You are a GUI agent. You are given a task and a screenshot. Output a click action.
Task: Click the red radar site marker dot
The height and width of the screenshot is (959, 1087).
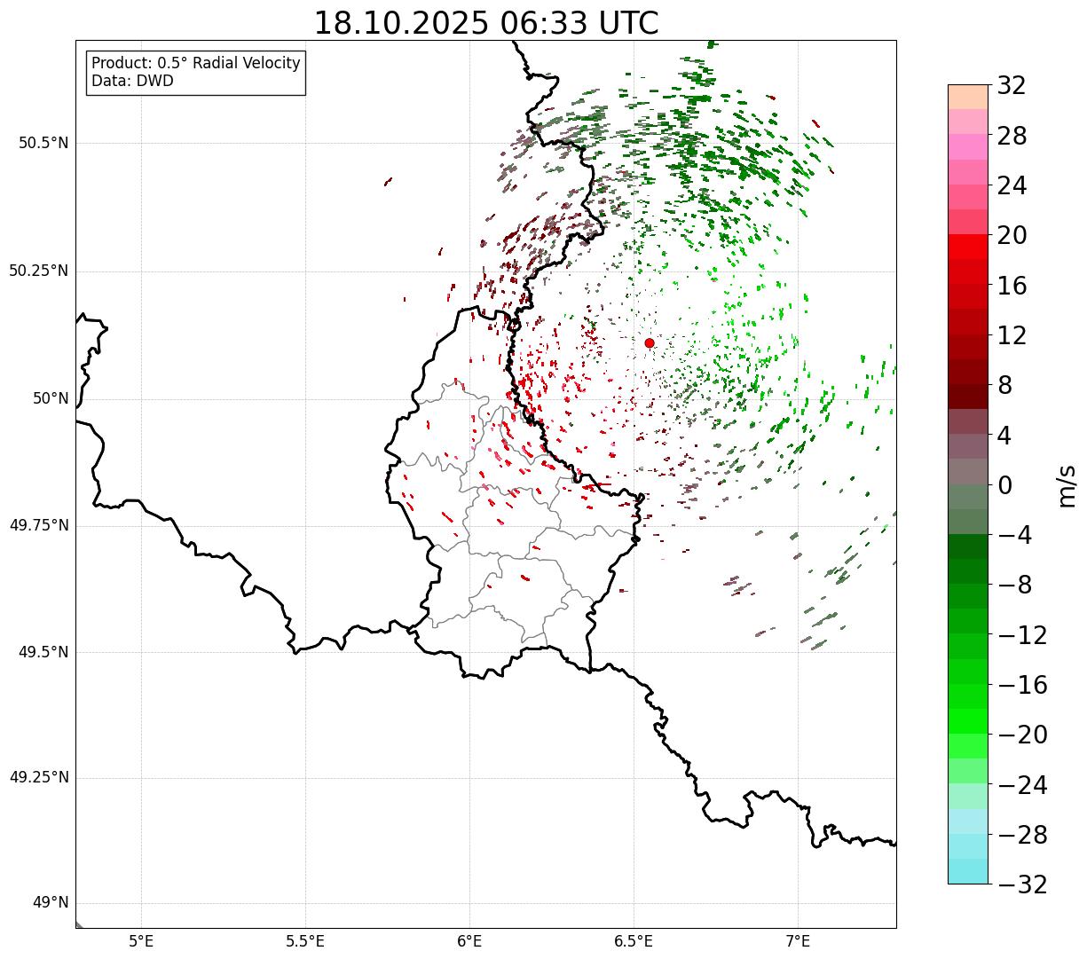point(650,342)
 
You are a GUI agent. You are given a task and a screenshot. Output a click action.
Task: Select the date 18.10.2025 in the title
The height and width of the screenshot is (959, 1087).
point(401,23)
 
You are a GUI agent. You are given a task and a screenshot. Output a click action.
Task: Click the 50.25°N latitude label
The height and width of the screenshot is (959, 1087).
point(39,271)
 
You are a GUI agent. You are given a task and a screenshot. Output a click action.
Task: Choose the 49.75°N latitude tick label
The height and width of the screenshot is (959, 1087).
point(39,525)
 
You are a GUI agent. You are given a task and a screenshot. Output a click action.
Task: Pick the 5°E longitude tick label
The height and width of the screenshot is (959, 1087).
point(141,940)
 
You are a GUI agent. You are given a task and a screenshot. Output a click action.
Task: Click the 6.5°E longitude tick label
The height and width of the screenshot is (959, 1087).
point(634,940)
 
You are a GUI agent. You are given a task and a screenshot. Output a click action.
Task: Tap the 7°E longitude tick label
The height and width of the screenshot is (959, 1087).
point(799,940)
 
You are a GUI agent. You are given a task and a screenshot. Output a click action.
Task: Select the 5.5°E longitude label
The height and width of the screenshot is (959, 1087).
point(305,940)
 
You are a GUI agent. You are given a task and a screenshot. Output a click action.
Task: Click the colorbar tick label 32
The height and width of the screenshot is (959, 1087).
point(1012,86)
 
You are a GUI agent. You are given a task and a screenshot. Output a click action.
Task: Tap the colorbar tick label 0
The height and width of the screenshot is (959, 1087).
point(1005,485)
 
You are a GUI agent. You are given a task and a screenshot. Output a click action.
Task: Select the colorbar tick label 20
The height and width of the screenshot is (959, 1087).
point(1012,236)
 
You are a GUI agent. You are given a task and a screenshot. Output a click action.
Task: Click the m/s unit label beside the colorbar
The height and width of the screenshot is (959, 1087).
point(1067,485)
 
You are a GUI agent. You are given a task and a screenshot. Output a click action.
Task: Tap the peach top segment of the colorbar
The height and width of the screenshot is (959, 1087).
point(967,97)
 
